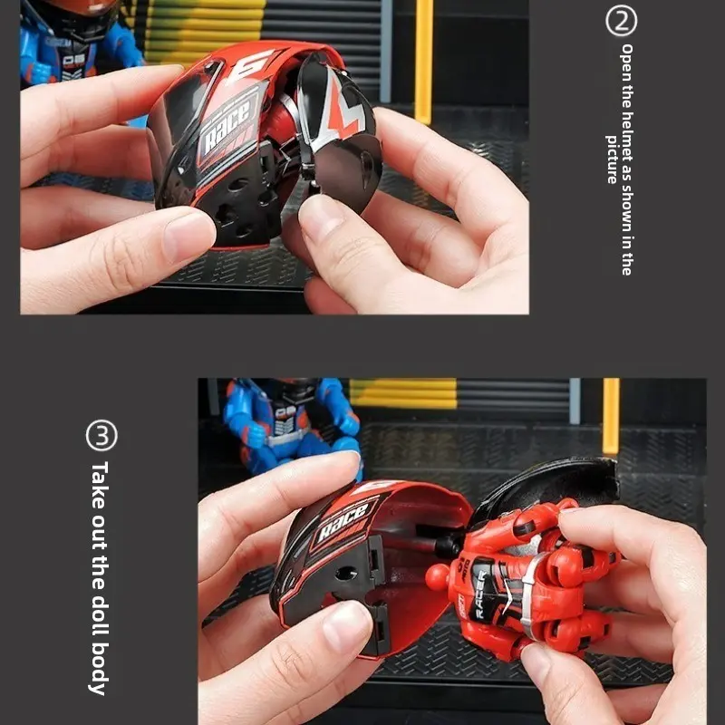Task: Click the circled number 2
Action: (621, 21)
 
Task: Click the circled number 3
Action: (101, 435)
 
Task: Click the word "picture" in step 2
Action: (613, 159)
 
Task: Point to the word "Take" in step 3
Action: (99, 485)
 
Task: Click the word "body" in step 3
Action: (99, 668)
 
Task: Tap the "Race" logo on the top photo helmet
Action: (228, 126)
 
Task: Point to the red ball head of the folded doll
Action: (438, 576)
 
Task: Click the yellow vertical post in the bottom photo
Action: (611, 416)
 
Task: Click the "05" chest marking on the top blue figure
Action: (73, 60)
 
